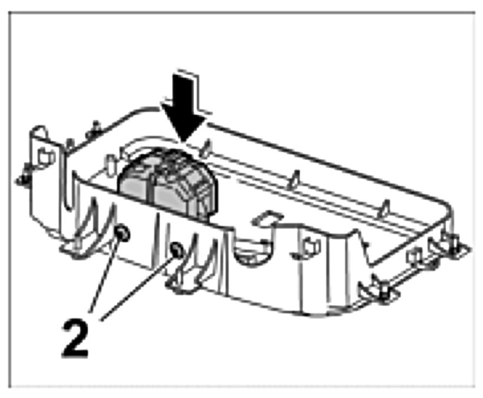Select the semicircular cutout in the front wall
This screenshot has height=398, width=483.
[250, 250]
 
